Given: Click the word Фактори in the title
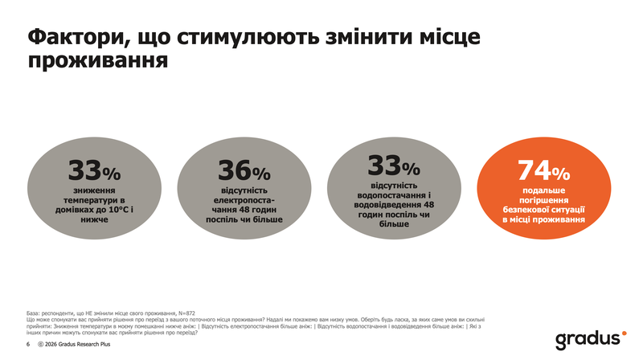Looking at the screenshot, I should tap(73, 38).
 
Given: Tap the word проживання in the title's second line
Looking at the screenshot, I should tap(98, 62).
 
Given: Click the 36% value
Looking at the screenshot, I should tap(244, 171).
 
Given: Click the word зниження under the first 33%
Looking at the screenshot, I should tap(94, 189).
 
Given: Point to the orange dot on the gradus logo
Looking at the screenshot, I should tap(623, 331).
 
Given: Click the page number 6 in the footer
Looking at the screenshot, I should tap(28, 344).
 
